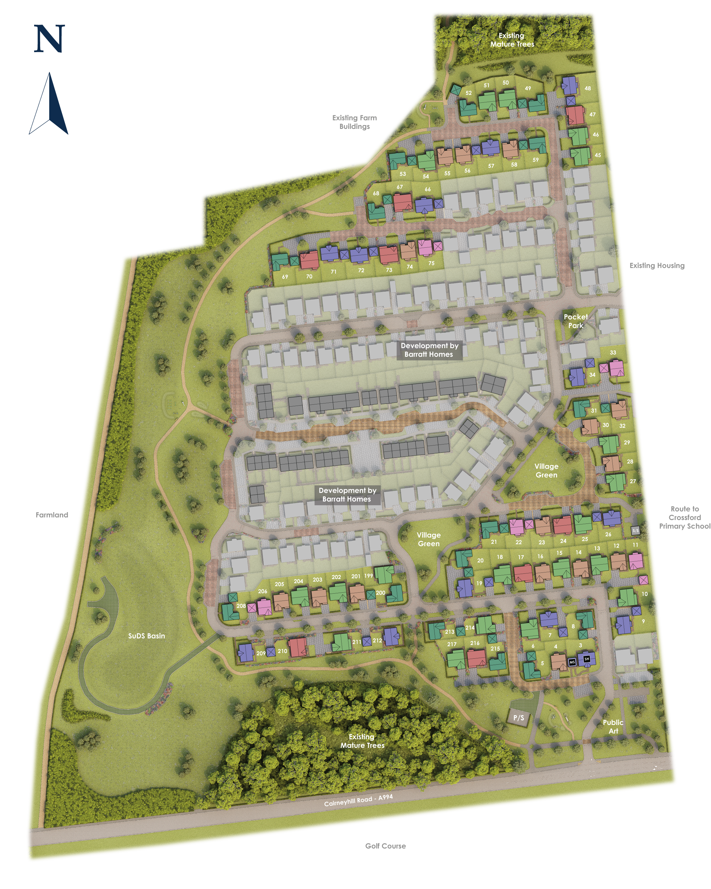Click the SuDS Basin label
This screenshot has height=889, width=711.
coord(146,636)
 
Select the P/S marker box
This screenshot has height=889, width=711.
coord(519,718)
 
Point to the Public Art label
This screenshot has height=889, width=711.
coord(613,727)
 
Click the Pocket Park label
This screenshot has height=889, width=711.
coord(576,321)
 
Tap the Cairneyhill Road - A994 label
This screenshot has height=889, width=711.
coord(358,800)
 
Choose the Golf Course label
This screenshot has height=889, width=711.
coord(385,846)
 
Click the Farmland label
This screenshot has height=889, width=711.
coord(52,515)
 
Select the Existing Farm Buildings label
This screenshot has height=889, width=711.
coord(354,122)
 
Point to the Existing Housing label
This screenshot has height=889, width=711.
coord(657,266)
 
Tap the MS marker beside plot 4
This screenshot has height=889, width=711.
coord(572,662)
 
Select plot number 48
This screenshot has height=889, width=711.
coord(588,88)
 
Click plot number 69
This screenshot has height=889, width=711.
coord(285,277)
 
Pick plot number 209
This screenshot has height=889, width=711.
coord(261,653)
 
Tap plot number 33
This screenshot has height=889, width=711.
coord(613,353)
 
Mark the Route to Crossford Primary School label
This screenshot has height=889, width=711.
coord(684,517)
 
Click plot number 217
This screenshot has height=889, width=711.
coord(452,644)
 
